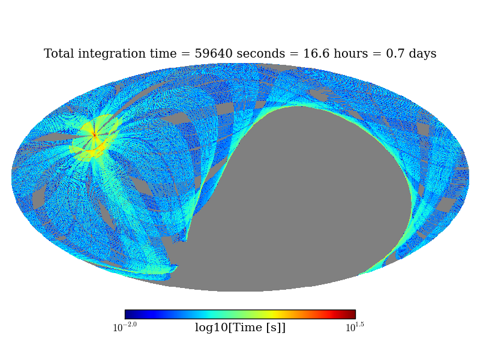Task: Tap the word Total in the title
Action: [x=59, y=54]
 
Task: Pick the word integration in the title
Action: [x=110, y=54]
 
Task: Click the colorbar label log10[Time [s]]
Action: [x=240, y=328]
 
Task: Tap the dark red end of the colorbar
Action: [x=352, y=314]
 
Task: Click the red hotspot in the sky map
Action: [x=94, y=135]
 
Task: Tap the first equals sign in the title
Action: [x=186, y=54]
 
